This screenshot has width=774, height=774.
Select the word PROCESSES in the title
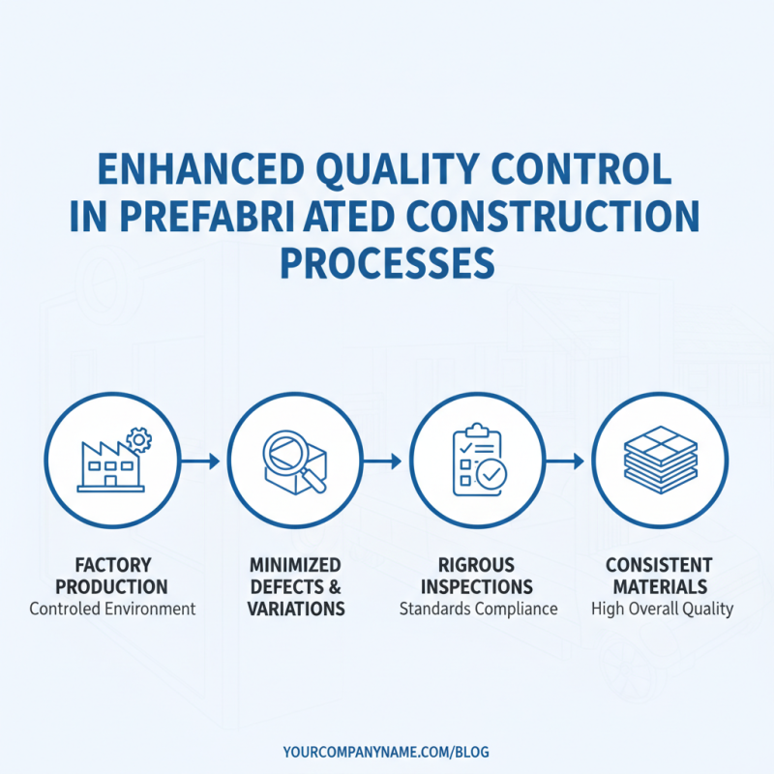pos(387,262)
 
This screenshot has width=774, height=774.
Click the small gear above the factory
pos(139,441)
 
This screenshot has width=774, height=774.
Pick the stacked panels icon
pos(660,460)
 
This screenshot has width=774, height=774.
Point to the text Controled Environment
pos(112,610)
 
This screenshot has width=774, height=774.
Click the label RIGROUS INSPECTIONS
pos(477,576)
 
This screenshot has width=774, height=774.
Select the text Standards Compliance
pos(478,610)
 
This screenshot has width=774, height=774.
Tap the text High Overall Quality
pos(661,610)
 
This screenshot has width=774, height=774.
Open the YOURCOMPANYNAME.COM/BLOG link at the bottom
pos(387,752)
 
